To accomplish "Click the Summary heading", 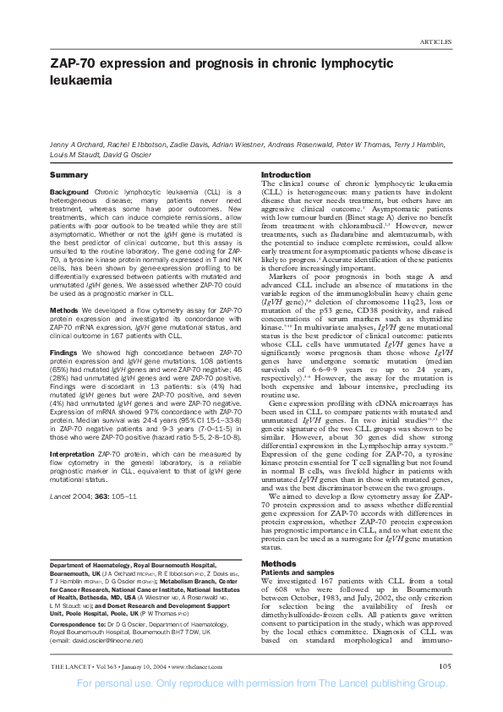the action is pos(68,174).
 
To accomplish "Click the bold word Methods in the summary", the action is pos(64,287).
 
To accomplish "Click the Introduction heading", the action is pos(286,174).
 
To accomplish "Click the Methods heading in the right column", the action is pos(278,563).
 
